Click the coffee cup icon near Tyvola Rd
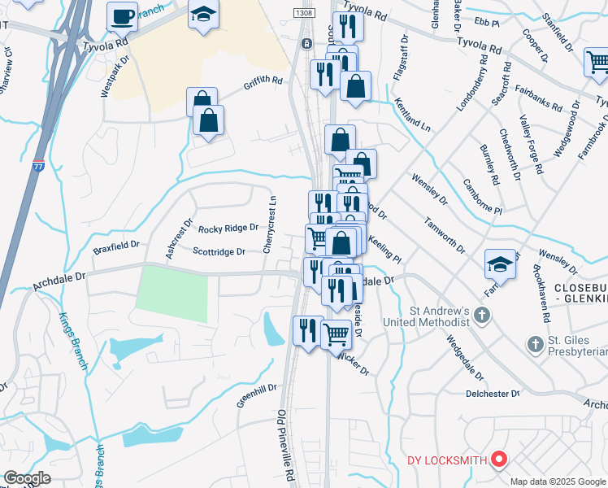pos(123,16)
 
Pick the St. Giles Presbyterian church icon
pos(535,345)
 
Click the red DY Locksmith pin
pos(499,460)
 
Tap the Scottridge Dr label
pos(219,252)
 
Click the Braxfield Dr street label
pos(116,244)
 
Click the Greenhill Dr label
pos(257,396)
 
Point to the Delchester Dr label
pos(493,394)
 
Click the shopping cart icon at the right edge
pos(597,61)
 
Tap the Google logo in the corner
pos(27,477)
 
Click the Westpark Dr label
pos(115,76)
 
